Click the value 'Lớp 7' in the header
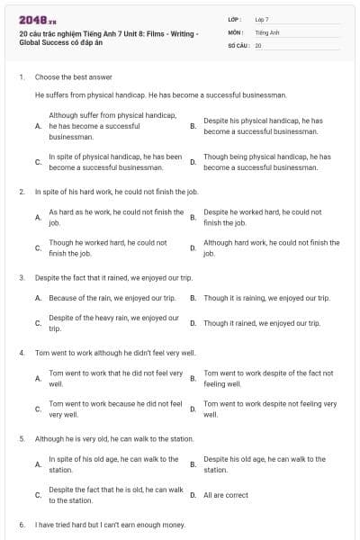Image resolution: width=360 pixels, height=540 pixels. [262, 19]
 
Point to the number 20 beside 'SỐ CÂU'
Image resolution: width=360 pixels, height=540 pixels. [258, 44]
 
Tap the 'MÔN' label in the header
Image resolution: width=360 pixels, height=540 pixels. [236, 31]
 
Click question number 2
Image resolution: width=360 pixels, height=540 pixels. [22, 192]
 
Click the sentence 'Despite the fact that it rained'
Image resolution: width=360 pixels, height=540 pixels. [113, 278]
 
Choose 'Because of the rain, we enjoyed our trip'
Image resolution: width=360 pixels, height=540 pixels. [112, 298]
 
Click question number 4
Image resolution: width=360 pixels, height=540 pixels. [22, 353]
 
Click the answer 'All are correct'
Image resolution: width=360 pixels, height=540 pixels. [226, 495]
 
